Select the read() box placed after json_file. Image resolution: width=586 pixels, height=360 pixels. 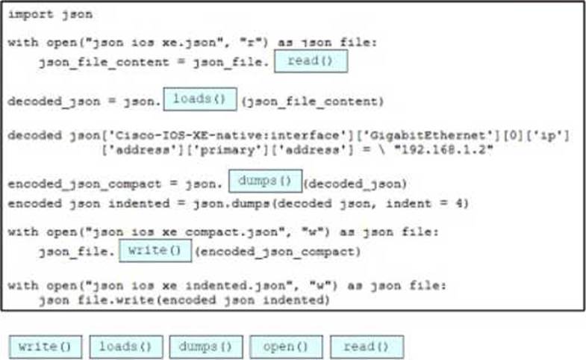(x=311, y=61)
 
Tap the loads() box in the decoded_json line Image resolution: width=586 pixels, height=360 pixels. (x=199, y=99)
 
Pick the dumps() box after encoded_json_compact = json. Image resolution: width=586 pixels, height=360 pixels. (x=265, y=181)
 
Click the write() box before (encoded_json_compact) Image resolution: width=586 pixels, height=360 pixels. (x=155, y=250)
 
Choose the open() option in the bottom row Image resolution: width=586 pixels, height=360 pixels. (x=286, y=347)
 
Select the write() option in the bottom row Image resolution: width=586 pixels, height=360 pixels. (x=45, y=347)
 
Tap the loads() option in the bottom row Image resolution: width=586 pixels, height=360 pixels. (x=125, y=347)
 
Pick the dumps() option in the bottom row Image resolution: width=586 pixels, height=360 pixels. (x=206, y=347)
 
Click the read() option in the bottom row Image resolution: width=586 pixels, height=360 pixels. (x=367, y=347)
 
